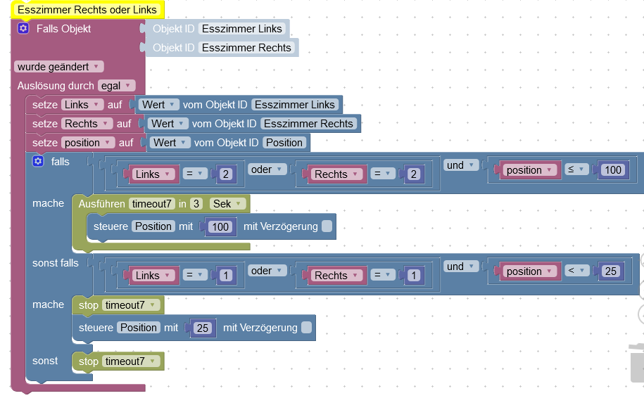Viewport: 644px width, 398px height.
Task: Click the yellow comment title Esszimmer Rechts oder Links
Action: point(87,10)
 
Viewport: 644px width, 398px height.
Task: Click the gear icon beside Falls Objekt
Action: point(23,29)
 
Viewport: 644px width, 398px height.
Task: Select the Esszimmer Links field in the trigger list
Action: point(241,29)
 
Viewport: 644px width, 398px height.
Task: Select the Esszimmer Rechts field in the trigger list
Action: point(246,48)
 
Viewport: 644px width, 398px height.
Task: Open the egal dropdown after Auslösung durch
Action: point(116,86)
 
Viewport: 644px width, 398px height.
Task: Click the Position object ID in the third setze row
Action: point(284,143)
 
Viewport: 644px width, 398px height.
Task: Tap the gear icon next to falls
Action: point(38,162)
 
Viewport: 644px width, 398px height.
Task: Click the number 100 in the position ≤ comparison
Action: point(613,170)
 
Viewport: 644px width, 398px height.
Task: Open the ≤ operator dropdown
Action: point(577,170)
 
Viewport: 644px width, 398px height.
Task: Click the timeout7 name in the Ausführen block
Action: point(151,204)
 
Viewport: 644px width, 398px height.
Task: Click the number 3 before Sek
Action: point(196,204)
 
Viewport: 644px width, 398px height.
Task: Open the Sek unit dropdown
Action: point(228,204)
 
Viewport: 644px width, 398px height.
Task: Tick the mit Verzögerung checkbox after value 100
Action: point(327,226)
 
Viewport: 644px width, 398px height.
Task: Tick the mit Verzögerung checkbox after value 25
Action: point(306,328)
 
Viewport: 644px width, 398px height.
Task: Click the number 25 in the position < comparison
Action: point(611,271)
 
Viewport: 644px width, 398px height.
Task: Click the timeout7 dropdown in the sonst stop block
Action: point(131,361)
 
